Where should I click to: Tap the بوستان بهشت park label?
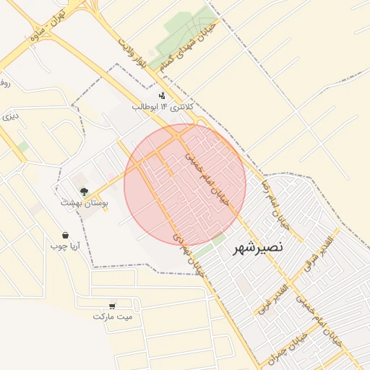point(85,205)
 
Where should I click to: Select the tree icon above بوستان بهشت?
point(85,192)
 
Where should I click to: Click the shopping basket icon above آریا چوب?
point(66,235)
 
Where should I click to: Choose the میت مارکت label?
point(113,317)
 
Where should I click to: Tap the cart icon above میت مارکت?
point(111,306)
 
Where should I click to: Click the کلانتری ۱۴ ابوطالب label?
point(154,106)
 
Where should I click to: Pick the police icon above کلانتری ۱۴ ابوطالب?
point(162,95)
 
